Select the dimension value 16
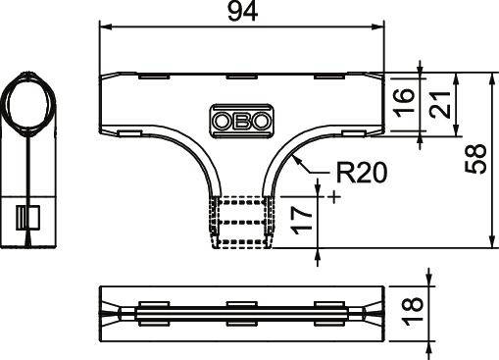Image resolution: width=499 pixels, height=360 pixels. [x=404, y=101]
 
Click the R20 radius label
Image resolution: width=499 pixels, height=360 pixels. [x=361, y=175]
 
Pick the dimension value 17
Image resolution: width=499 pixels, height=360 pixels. [x=305, y=215]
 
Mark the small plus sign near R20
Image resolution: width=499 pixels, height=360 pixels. [x=336, y=197]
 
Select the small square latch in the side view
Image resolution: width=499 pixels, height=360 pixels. [x=28, y=218]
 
